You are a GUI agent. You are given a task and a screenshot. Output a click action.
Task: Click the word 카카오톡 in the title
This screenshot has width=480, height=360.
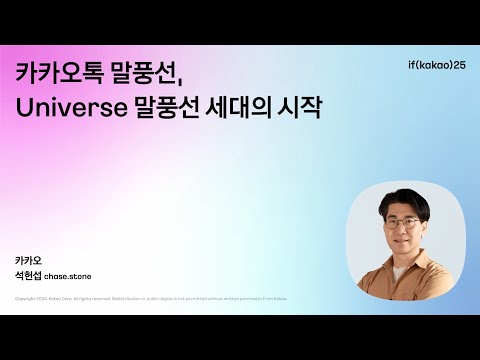(55, 74)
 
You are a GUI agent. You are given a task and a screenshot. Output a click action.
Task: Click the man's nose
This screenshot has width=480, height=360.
(404, 228)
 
